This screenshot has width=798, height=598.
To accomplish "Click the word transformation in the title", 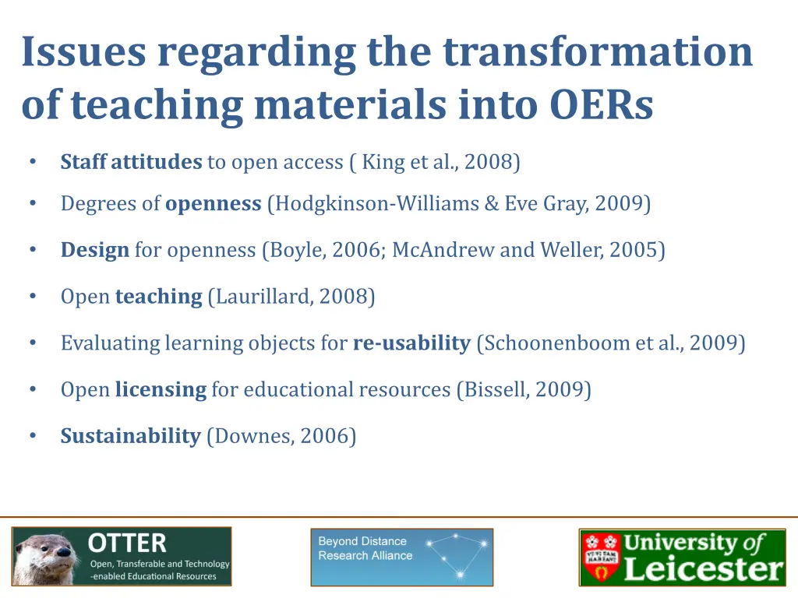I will point(598,52).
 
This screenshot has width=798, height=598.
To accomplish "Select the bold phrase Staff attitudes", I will point(131,162).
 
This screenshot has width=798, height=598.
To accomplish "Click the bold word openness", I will point(213,204).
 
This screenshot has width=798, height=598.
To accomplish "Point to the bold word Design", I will point(95,250).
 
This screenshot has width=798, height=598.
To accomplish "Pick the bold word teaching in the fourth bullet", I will point(158,297).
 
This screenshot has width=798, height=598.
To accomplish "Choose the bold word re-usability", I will point(411,343).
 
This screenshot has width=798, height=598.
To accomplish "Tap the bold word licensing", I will point(161,389).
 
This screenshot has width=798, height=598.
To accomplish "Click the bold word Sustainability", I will point(131,436).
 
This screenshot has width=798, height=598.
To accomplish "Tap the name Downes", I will point(249,436).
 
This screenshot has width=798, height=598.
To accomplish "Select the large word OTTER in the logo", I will point(127,543).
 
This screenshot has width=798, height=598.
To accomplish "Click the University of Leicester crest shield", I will point(601,558).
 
